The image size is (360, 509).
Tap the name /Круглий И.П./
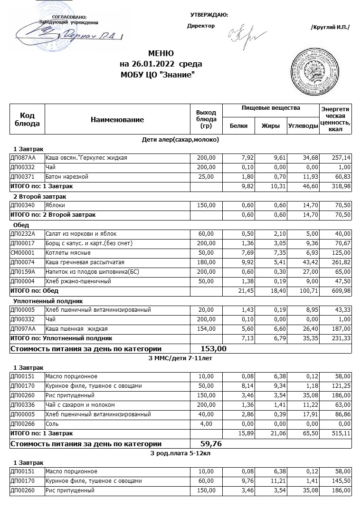click(x=330, y=27)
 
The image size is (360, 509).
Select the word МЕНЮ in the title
click(x=161, y=53)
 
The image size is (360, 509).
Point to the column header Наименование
click(x=117, y=120)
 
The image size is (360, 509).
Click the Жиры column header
click(x=271, y=126)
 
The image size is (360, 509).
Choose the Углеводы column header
click(x=303, y=126)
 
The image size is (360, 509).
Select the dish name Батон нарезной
click(x=67, y=177)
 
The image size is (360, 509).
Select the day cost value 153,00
click(x=214, y=349)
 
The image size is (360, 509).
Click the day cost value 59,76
click(x=211, y=444)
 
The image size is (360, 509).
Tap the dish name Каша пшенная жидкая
click(x=76, y=329)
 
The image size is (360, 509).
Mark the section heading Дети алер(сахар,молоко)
click(x=180, y=140)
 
